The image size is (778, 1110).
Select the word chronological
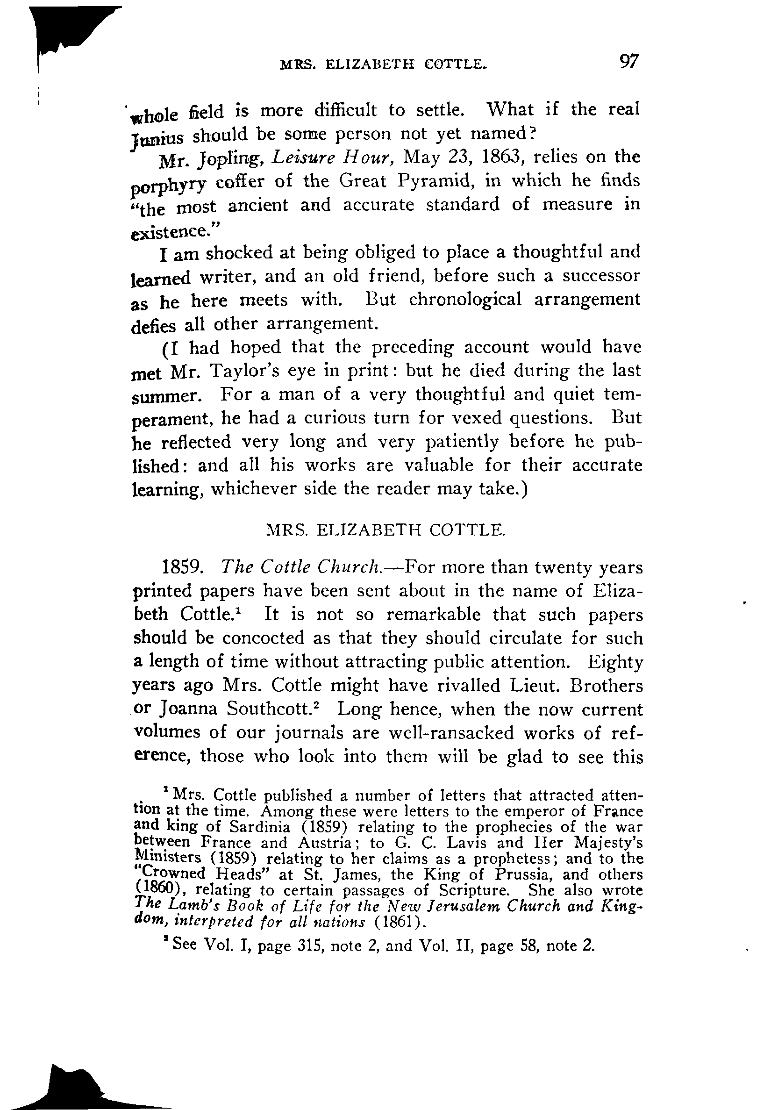point(465,300)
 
